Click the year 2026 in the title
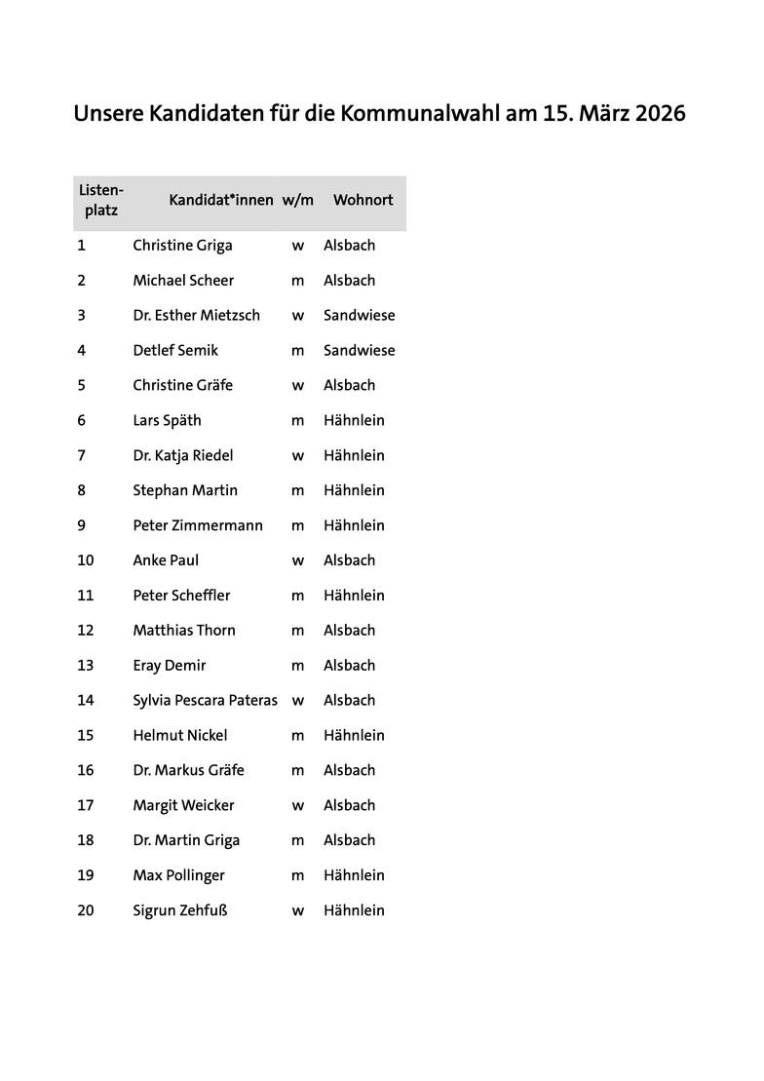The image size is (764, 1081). click(x=660, y=114)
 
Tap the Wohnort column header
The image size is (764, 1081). click(x=363, y=200)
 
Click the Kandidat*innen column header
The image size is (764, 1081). click(x=221, y=200)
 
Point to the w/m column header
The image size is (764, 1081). click(x=298, y=200)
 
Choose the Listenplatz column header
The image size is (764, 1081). click(x=101, y=200)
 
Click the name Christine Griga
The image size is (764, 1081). click(x=182, y=246)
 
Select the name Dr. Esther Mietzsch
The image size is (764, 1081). click(x=196, y=316)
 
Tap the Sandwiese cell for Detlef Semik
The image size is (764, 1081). click(x=359, y=351)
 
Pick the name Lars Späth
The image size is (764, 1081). click(x=167, y=421)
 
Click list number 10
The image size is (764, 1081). click(x=86, y=560)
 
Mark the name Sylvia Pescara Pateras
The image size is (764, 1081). click(x=205, y=701)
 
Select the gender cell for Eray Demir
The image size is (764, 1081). click(x=298, y=666)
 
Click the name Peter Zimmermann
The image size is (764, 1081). click(x=198, y=525)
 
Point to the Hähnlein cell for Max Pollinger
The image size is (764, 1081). click(x=354, y=875)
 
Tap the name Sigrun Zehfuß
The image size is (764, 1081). click(x=179, y=910)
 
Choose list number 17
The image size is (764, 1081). click(x=86, y=805)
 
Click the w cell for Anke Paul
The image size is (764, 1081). click(x=298, y=560)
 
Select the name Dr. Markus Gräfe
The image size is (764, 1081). click(x=188, y=770)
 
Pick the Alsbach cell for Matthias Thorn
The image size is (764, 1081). click(x=349, y=631)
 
